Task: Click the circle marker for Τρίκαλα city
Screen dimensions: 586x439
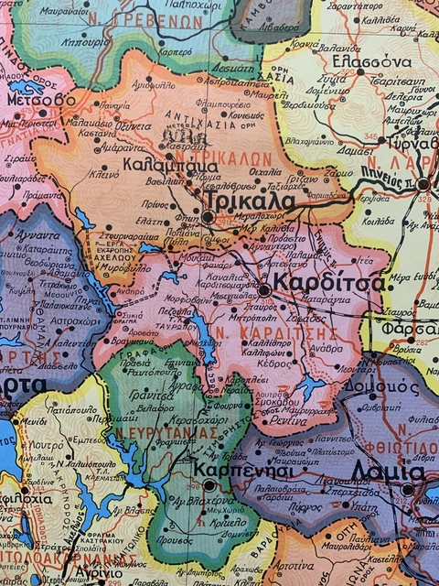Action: (x=208, y=217)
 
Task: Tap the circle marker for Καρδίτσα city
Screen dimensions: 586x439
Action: (x=264, y=289)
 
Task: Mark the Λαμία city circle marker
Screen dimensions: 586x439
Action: (x=407, y=490)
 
